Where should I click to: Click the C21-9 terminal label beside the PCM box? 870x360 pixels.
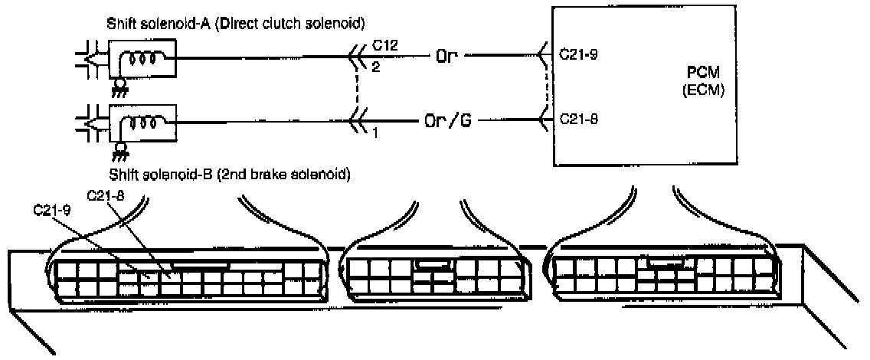[578, 56]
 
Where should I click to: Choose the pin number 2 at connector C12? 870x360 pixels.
[375, 67]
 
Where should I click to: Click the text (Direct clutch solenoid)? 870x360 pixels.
[267, 22]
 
